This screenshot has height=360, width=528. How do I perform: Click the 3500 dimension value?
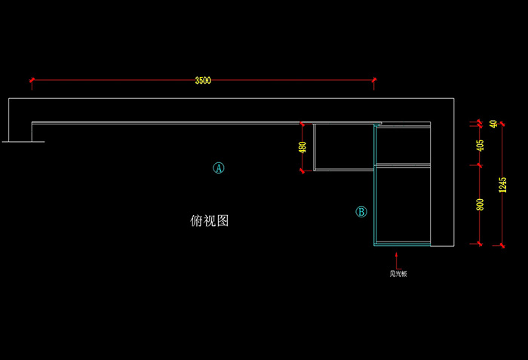(x=202, y=80)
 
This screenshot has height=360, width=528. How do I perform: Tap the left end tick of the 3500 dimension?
(x=31, y=80)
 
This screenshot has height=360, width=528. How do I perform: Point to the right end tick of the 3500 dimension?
(x=374, y=80)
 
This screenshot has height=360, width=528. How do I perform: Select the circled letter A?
(x=218, y=168)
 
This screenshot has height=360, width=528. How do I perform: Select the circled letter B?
(x=361, y=212)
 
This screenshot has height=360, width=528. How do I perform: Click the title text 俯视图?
(x=209, y=221)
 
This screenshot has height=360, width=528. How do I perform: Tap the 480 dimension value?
(x=302, y=147)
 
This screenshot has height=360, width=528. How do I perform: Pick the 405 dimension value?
(x=480, y=144)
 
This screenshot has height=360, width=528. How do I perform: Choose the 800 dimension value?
(x=480, y=204)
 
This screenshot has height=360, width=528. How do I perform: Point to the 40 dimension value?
(x=493, y=124)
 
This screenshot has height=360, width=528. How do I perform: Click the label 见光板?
(x=398, y=274)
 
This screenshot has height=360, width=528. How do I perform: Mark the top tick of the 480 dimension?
(x=302, y=124)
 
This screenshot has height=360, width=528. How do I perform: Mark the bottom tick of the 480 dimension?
(x=302, y=171)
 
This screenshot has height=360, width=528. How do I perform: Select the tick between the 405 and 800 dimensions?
(x=477, y=165)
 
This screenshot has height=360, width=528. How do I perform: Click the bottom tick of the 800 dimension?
(x=477, y=244)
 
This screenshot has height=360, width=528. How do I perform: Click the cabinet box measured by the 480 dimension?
(x=343, y=147)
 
